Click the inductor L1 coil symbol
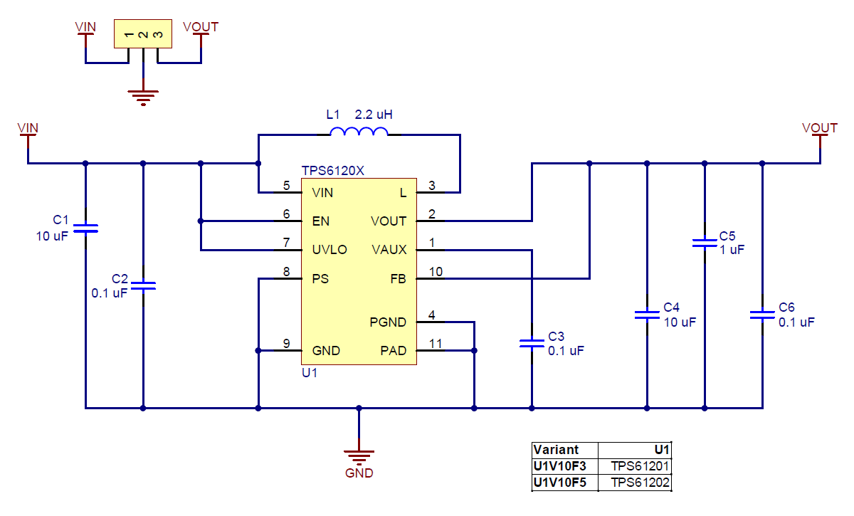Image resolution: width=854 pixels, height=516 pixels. click(x=359, y=132)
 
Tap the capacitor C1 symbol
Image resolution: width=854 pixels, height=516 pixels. click(x=85, y=228)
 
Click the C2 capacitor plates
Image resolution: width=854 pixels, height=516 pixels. click(x=143, y=285)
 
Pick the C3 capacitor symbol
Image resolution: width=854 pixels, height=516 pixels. click(x=532, y=343)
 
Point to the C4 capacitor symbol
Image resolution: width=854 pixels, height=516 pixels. click(x=647, y=314)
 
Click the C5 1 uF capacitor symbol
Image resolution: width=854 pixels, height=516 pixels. click(x=705, y=243)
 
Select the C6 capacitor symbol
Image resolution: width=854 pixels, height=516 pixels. click(x=762, y=314)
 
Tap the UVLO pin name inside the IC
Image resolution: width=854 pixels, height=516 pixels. click(x=330, y=250)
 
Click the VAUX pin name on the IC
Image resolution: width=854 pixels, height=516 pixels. click(x=389, y=250)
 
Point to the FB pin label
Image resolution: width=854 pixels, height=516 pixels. click(x=398, y=279)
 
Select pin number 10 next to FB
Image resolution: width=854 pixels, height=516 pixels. click(x=435, y=271)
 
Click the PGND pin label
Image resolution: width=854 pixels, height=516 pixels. click(x=388, y=322)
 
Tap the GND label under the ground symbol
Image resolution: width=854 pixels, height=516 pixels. click(x=359, y=473)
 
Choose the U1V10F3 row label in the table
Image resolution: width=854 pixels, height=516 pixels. click(x=559, y=466)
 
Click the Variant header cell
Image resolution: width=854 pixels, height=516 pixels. click(x=556, y=450)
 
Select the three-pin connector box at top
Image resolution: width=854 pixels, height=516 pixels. click(x=143, y=34)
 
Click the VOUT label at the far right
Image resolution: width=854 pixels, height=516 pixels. click(x=819, y=128)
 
